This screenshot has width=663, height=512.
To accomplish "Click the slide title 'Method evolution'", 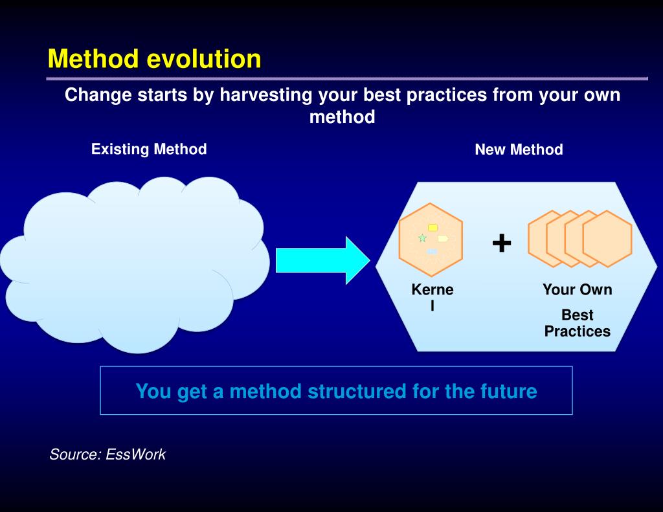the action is [154, 58].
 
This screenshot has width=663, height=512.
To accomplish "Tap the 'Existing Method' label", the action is [149, 149].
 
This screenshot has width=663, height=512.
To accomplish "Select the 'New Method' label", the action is [519, 150].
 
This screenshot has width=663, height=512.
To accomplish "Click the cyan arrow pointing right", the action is [323, 260].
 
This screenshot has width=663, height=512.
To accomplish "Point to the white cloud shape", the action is [135, 264].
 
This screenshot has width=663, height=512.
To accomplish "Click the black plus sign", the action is [502, 243].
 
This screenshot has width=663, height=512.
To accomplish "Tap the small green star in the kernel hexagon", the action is [422, 238].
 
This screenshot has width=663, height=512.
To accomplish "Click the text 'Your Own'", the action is [578, 289].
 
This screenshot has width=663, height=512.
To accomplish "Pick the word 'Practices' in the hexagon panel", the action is [578, 331].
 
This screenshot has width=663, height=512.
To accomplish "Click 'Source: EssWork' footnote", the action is [107, 454].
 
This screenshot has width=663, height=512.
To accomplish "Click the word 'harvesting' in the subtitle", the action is [266, 95].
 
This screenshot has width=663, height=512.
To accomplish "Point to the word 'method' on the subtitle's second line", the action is [343, 117].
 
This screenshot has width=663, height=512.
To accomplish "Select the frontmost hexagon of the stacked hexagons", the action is [607, 239].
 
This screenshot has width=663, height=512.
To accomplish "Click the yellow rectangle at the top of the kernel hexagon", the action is [433, 228].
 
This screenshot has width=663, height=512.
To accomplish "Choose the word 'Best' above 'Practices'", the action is [578, 315].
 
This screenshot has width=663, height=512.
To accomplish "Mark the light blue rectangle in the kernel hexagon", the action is [432, 252].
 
